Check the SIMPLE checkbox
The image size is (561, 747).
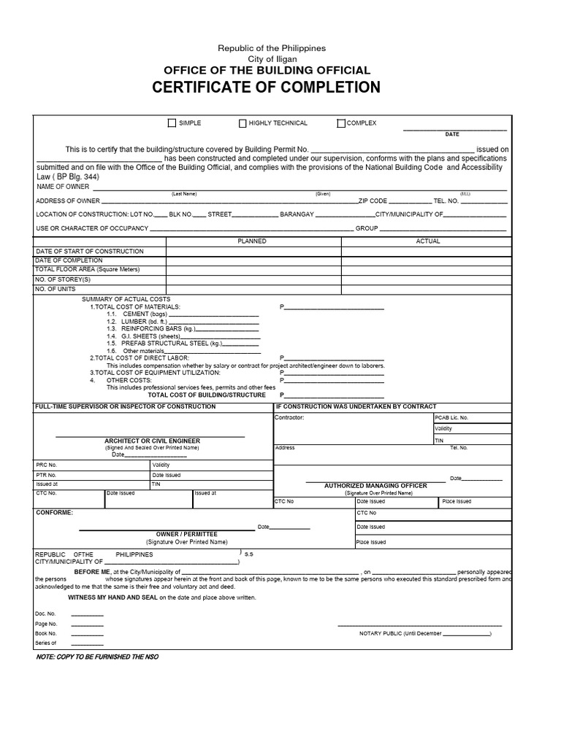coord(172,123)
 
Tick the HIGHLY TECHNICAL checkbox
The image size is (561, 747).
coord(243,123)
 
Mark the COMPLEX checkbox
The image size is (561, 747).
coord(341,123)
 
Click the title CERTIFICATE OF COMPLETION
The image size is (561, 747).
coord(266,88)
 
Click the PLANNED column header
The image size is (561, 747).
coord(252,241)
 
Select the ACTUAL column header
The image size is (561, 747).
coord(427,241)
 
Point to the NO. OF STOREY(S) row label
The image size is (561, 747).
coord(64,279)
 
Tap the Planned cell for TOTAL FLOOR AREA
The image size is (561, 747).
coord(253,270)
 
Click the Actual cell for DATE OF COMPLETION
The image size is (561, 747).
coord(427,260)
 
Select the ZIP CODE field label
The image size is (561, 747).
coord(373,201)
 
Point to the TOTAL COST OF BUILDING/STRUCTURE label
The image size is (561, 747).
coord(207,395)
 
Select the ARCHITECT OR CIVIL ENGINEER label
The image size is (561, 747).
coord(152,441)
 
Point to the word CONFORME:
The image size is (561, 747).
coord(55,513)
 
